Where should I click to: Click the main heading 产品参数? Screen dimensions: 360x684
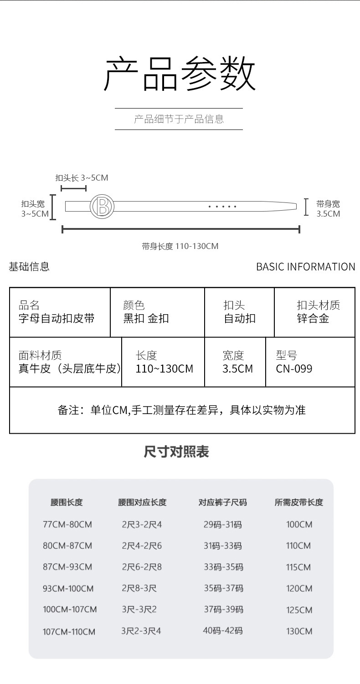point(180,73)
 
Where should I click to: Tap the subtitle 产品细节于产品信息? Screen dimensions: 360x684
point(179,119)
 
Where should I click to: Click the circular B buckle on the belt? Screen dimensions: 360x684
point(102,207)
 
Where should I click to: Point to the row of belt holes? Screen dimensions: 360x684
point(222,207)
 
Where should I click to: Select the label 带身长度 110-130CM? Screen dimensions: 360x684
point(180,246)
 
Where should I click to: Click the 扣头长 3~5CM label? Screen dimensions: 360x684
point(82,177)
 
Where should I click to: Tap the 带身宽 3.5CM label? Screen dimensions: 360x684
point(328,209)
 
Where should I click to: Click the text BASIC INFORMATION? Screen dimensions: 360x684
point(305,267)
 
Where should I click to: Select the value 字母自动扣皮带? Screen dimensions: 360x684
point(57,318)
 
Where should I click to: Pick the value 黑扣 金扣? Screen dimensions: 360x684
point(146,318)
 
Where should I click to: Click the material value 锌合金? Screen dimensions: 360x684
point(313,318)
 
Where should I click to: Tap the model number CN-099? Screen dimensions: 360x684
point(294,368)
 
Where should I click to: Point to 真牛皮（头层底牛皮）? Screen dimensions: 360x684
point(70,368)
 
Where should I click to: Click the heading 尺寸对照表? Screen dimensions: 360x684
point(176,452)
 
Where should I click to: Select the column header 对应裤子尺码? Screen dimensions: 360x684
point(222,503)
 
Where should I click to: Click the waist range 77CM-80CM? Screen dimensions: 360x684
point(67,524)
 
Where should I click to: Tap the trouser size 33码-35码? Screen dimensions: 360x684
point(223,567)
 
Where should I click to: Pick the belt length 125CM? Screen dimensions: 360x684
point(299,610)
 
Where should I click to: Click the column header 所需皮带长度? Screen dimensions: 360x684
point(298,503)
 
